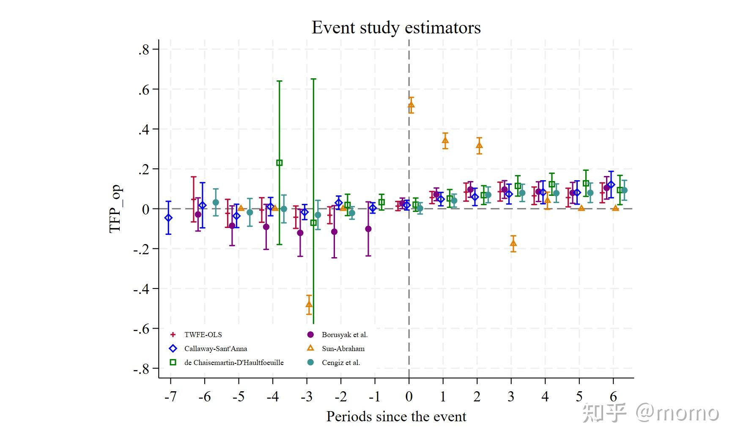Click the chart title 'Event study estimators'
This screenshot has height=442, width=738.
(x=396, y=28)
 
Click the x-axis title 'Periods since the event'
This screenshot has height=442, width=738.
(x=396, y=417)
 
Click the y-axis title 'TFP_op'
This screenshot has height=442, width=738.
(x=115, y=209)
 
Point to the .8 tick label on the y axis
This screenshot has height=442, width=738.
(x=144, y=50)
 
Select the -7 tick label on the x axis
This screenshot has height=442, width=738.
(x=170, y=397)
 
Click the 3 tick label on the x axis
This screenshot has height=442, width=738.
(x=511, y=397)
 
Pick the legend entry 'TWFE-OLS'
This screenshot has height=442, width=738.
(x=203, y=335)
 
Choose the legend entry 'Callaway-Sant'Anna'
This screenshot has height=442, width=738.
(x=216, y=349)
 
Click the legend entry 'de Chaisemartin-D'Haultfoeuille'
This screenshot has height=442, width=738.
(x=234, y=362)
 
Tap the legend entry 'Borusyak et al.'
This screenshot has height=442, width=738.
(x=345, y=335)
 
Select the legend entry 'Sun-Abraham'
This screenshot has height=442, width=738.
(x=343, y=349)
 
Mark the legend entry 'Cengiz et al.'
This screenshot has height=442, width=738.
(x=341, y=362)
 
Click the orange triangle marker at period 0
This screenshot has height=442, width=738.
(x=411, y=105)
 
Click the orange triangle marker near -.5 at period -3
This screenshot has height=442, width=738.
(x=309, y=304)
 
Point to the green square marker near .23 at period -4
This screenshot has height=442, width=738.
(x=279, y=163)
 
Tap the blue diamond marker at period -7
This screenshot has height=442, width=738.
(x=168, y=218)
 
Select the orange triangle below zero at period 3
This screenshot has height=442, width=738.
(x=513, y=243)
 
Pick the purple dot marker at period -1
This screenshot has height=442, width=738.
(x=368, y=229)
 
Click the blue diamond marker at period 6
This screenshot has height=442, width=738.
(x=611, y=185)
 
